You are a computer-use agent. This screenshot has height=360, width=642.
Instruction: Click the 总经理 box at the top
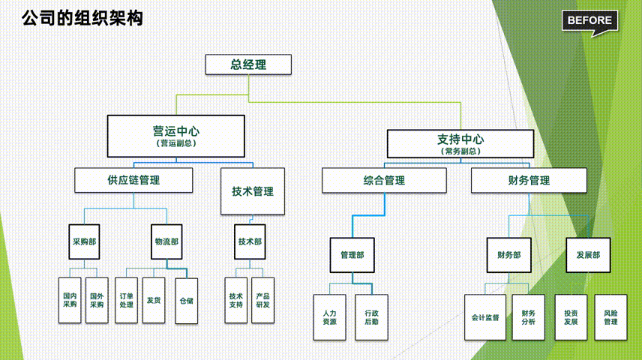pyautogui.click(x=248, y=64)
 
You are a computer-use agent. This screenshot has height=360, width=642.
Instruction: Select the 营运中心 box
pyautogui.click(x=176, y=135)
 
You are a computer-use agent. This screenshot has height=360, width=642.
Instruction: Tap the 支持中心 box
pyautogui.click(x=460, y=143)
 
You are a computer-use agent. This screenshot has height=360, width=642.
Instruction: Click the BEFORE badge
pyautogui.click(x=590, y=21)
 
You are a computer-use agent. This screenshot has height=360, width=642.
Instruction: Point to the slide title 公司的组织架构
pyautogui.click(x=82, y=17)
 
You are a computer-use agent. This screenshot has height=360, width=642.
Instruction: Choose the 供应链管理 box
pyautogui.click(x=133, y=180)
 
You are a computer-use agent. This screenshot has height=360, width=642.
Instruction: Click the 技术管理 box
pyautogui.click(x=253, y=190)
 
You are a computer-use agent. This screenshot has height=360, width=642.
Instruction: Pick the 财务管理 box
pyautogui.click(x=529, y=180)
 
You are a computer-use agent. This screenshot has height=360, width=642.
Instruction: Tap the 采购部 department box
pyautogui.click(x=84, y=241)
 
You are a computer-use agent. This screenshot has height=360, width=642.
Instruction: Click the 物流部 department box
pyautogui.click(x=167, y=241)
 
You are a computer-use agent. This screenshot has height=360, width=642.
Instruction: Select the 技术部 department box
pyautogui.click(x=250, y=241)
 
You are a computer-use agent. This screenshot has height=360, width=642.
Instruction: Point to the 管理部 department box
pyautogui.click(x=352, y=255)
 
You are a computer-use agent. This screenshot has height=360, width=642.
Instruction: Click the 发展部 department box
pyautogui.click(x=588, y=255)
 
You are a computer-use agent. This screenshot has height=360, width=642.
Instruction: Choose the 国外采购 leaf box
pyautogui.click(x=97, y=300)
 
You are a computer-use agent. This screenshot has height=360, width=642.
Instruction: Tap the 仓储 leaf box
pyautogui.click(x=186, y=301)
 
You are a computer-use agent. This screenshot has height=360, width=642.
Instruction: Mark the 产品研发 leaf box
pyautogui.click(x=262, y=300)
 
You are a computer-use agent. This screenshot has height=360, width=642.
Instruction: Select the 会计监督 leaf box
pyautogui.click(x=485, y=316)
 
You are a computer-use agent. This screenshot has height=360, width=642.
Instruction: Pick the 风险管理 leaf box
pyautogui.click(x=610, y=316)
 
